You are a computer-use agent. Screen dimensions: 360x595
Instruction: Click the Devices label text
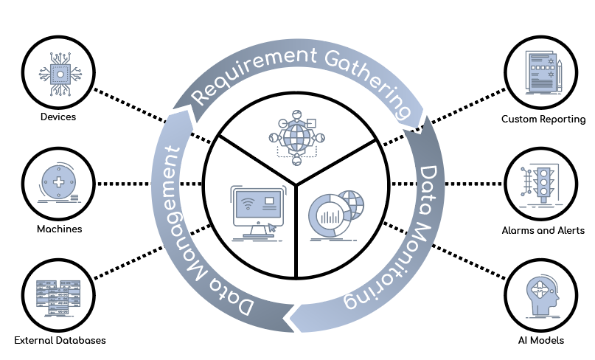[60, 117]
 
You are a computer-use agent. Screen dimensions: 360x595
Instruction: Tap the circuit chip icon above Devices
[59, 72]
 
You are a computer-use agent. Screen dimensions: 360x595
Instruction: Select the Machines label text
[60, 229]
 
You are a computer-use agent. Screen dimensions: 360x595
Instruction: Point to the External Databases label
[60, 340]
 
